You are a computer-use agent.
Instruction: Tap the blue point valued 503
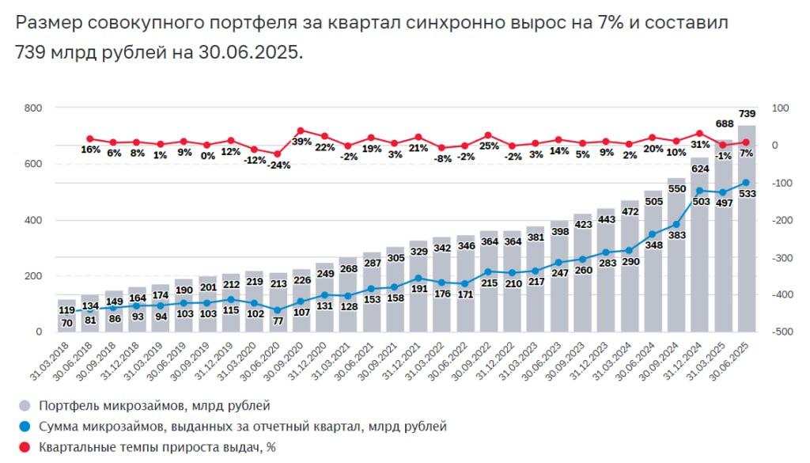click(x=699, y=191)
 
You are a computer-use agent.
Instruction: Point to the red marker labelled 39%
click(x=301, y=131)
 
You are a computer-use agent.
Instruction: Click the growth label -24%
click(x=278, y=165)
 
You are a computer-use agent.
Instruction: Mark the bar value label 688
click(x=724, y=124)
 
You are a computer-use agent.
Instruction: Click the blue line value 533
click(x=747, y=193)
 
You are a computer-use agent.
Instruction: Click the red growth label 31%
click(x=700, y=145)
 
